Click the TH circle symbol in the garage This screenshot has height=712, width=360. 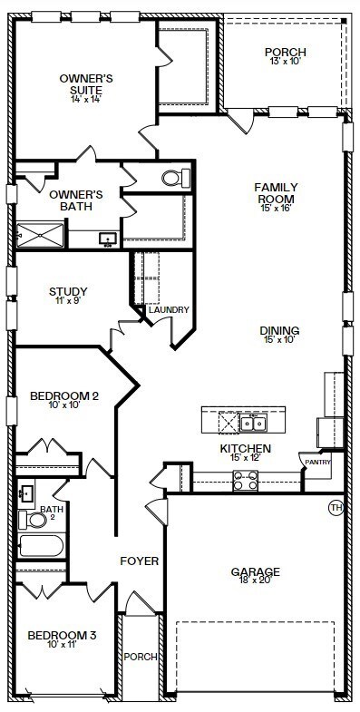[x=336, y=507]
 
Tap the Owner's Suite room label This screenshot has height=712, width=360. [x=86, y=84]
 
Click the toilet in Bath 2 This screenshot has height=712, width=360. [x=33, y=520]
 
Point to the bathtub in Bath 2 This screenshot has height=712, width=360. [x=41, y=546]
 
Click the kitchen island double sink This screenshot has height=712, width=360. [x=253, y=424]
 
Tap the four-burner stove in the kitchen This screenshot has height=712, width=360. [x=246, y=481]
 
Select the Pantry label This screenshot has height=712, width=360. [x=317, y=463]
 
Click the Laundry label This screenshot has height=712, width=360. [x=169, y=309]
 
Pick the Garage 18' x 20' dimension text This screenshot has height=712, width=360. [x=255, y=580]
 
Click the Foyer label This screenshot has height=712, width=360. [x=140, y=561]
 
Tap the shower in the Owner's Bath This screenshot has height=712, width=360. [x=41, y=235]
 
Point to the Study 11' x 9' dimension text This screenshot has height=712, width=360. [x=68, y=300]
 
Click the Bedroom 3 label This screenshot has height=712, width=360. [x=62, y=635]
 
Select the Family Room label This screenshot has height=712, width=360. [x=276, y=193]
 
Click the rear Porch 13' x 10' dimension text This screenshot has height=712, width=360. [x=286, y=62]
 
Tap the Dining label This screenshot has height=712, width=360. [x=279, y=330]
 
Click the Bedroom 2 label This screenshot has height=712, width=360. [x=64, y=396]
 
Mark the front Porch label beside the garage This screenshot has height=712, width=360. [x=141, y=657]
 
